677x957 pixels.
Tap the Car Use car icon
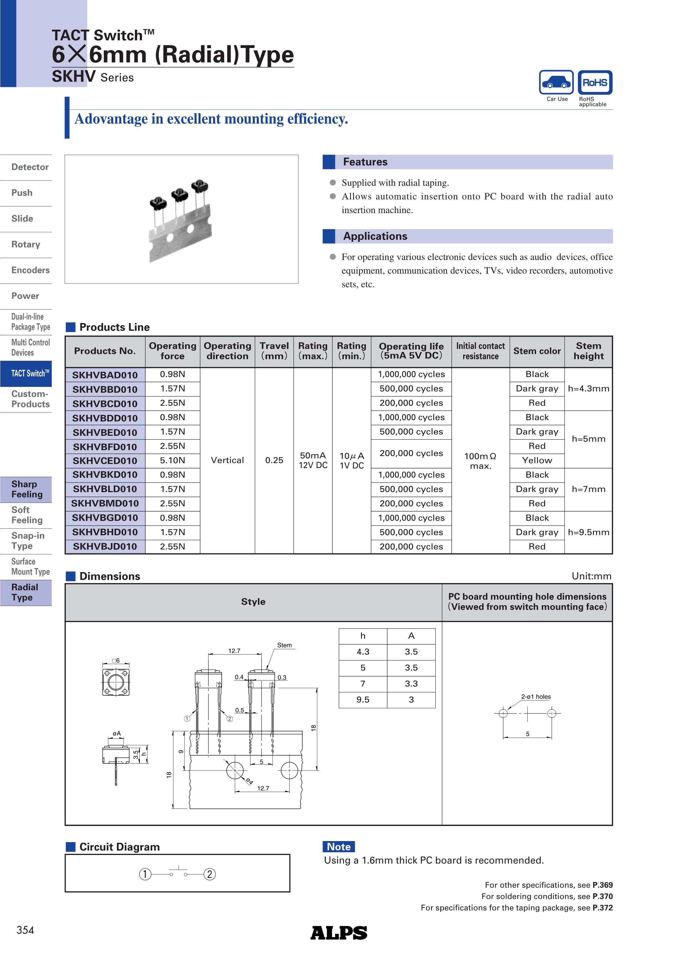(557, 83)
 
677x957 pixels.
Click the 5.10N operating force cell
(172, 460)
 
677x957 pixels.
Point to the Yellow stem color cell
(537, 460)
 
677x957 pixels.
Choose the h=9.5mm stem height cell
(588, 532)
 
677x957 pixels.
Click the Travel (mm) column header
(274, 351)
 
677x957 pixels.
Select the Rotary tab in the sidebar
(26, 245)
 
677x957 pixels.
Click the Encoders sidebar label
(31, 271)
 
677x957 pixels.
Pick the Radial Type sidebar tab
(25, 592)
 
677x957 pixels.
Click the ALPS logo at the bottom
(339, 933)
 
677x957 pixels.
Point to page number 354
(25, 930)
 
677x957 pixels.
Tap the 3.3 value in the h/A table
(411, 684)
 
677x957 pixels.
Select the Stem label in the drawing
(285, 645)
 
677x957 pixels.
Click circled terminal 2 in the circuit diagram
(209, 874)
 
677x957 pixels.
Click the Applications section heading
(375, 236)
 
